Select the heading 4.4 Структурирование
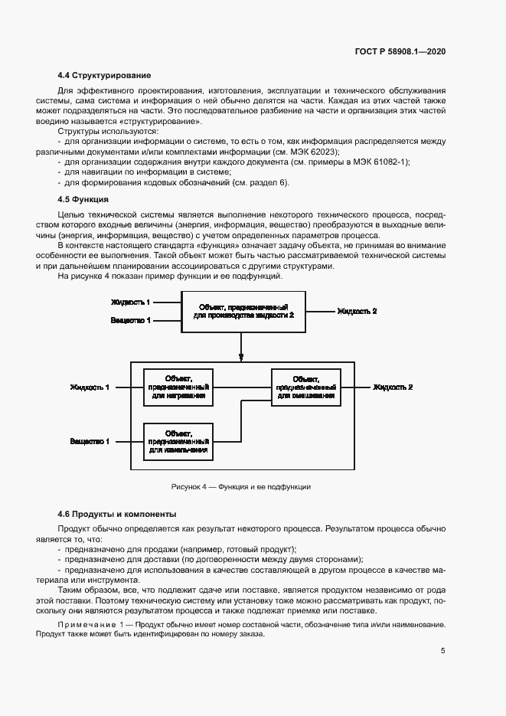(104, 75)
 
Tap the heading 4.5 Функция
(86, 199)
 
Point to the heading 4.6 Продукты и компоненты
(117, 514)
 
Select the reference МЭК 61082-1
(380, 162)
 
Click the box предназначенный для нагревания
(178, 387)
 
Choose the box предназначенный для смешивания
(305, 387)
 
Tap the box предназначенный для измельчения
(178, 441)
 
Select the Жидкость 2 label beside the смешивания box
(393, 387)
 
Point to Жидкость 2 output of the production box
(357, 311)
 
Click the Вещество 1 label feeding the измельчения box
(90, 441)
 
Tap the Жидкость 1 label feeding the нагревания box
(90, 387)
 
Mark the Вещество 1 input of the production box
(131, 319)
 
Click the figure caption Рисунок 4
(241, 487)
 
